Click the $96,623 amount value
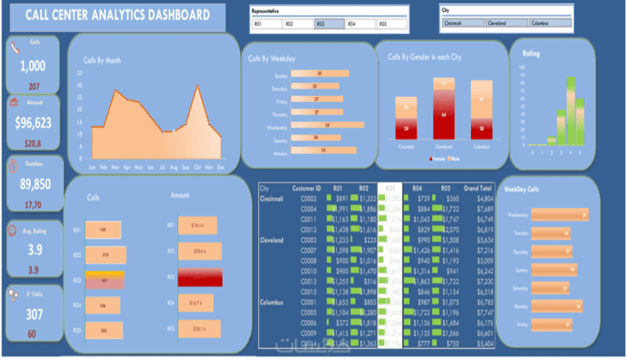33,122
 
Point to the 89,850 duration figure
33,184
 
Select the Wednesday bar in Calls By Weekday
327,124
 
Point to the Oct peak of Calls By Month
198,87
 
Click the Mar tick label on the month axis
115,167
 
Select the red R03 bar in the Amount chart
200,278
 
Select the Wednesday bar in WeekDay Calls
559,214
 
